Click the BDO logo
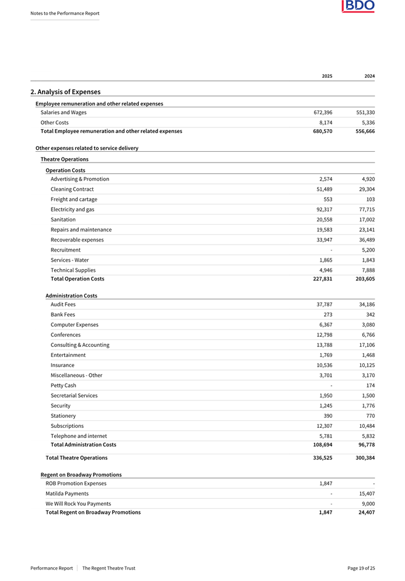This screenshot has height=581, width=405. coord(358,7)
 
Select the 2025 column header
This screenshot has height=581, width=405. coord(327,76)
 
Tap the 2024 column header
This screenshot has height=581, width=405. coord(369,76)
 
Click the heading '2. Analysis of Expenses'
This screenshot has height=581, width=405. coord(65,92)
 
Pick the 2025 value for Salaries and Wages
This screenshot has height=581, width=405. coord(323,112)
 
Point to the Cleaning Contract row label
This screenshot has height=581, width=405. coord(72,189)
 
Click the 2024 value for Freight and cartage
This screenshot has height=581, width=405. coord(369,199)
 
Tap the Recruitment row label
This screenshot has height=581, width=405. coord(65,250)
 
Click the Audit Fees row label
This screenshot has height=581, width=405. coord(63,304)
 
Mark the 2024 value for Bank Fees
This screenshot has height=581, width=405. coord(369,314)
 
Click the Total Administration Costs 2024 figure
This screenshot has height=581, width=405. coord(365,444)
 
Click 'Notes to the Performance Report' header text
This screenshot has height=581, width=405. coord(65,13)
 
